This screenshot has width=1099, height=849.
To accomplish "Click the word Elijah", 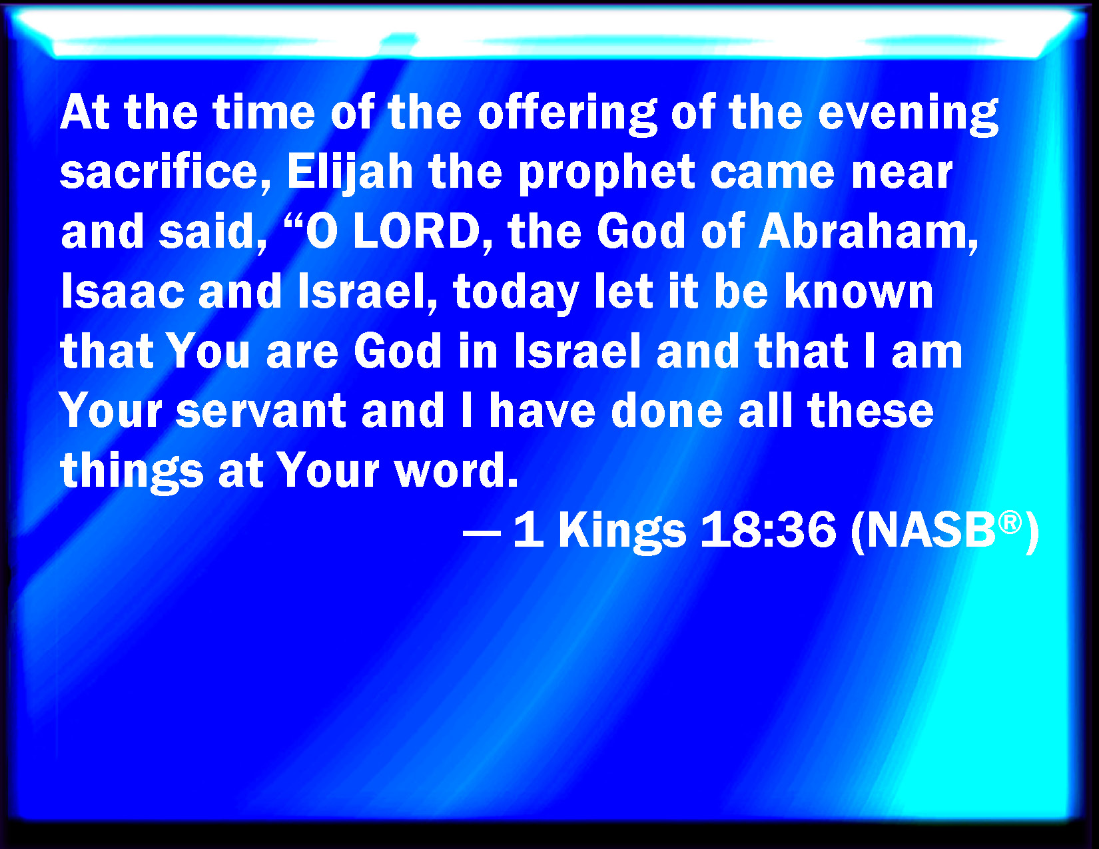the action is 350,172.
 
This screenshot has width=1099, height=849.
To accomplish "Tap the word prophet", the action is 607,172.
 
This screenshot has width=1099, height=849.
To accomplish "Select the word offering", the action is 567,113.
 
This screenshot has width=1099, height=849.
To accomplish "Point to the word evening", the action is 909,113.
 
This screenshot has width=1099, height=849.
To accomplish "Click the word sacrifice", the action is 165,172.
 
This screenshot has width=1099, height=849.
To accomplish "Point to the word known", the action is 859,292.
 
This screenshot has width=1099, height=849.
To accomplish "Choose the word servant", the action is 260,411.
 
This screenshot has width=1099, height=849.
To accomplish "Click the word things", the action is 131,471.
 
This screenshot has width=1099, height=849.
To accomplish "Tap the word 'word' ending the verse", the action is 457,470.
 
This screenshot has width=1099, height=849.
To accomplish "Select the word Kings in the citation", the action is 622,531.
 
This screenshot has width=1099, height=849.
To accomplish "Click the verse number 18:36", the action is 769,530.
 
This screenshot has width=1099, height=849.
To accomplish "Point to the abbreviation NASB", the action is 924,530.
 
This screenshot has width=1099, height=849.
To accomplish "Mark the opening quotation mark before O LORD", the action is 294,220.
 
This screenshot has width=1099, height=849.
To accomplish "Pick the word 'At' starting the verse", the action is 85,112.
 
